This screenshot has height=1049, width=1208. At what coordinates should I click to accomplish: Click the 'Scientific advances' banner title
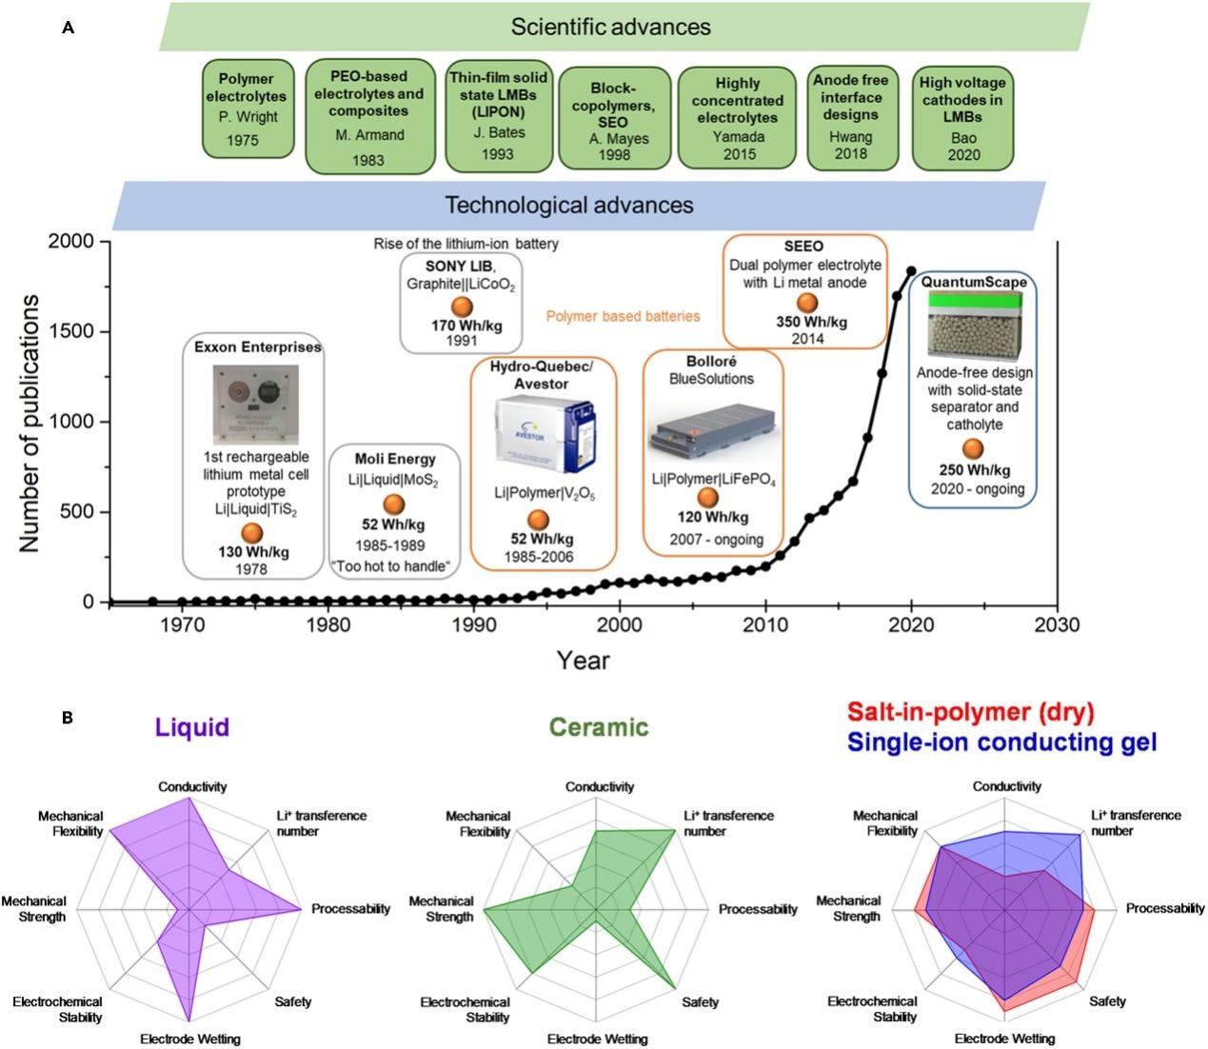[x=610, y=27]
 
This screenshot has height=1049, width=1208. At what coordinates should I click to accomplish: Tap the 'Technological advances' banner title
[x=569, y=205]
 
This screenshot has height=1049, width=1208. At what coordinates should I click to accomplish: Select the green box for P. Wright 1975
[x=247, y=108]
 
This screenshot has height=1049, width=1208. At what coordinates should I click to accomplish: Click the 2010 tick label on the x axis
[x=764, y=625]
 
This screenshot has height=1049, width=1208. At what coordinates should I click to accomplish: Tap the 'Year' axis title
[x=583, y=660]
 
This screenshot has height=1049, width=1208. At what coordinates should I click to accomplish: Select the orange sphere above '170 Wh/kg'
[x=462, y=307]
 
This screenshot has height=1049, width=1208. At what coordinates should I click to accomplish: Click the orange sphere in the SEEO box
[x=806, y=303]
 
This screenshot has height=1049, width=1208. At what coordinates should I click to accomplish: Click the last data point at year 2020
[x=911, y=271]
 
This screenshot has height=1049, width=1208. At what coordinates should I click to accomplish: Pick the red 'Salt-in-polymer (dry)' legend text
[x=971, y=712]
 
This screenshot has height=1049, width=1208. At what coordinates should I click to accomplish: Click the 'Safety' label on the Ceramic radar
[x=700, y=1002]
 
